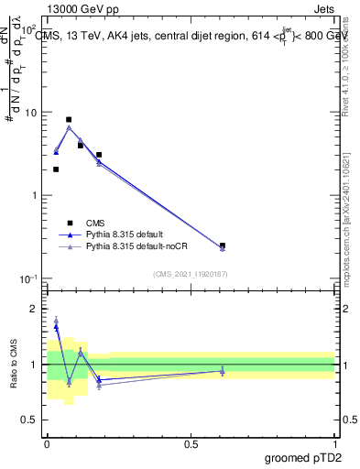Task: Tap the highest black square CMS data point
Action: (x=69, y=120)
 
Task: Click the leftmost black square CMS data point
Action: (x=56, y=169)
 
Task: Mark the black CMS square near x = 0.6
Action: (x=223, y=245)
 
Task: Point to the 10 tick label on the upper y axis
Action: (x=30, y=113)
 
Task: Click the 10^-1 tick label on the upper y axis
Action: (x=27, y=279)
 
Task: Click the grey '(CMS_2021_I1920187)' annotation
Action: (x=191, y=273)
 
